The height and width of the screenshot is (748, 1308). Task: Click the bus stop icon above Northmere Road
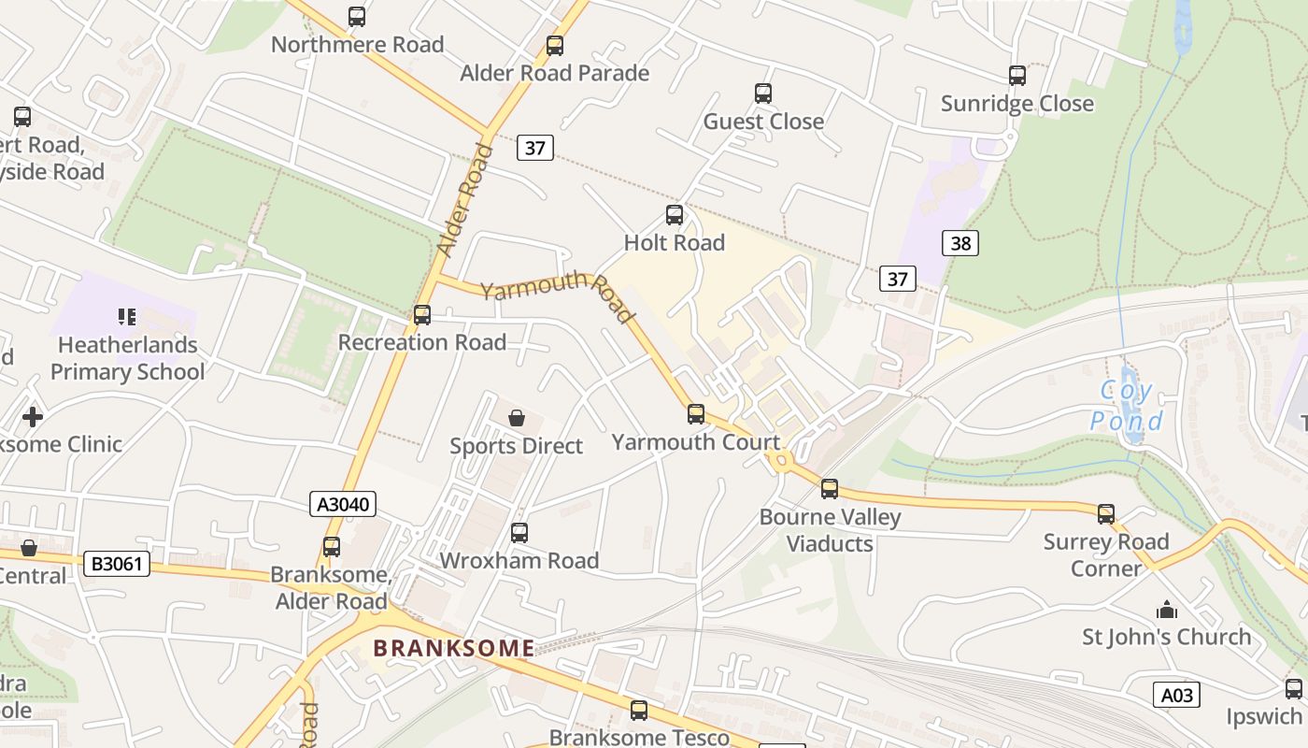pos(357,17)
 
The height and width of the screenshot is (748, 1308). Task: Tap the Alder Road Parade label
pos(554,73)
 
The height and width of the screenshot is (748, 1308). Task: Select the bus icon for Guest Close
pos(763,93)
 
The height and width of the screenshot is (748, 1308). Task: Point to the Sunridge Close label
pos(1017,103)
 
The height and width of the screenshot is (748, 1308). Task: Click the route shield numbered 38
pos(960,244)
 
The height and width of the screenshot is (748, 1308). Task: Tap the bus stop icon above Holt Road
pos(675,215)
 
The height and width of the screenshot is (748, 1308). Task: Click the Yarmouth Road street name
pos(558,295)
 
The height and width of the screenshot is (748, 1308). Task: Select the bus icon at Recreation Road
pos(422,315)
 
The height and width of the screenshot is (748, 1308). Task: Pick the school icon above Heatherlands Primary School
pos(126,317)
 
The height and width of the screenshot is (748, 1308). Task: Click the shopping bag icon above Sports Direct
pos(516,418)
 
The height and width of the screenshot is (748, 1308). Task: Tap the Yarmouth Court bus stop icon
pos(696,414)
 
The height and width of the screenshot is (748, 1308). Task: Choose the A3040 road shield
pos(343,505)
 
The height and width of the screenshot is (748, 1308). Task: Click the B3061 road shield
pos(116,564)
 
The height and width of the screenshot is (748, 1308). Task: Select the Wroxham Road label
pos(519,561)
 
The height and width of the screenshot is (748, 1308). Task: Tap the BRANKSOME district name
pos(454,647)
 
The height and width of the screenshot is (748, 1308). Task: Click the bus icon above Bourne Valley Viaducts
pos(830,489)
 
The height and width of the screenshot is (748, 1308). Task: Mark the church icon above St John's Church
pos(1167,611)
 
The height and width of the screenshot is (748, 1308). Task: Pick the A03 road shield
pos(1176,695)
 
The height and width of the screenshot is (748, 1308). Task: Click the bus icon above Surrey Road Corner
pos(1106,513)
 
